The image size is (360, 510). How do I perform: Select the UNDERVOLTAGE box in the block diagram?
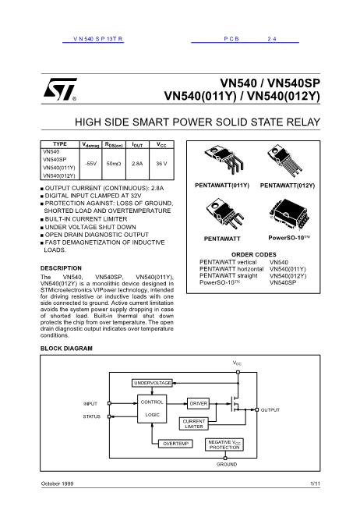[152, 384]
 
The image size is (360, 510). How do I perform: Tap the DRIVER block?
[198, 403]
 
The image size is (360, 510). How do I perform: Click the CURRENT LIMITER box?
[194, 423]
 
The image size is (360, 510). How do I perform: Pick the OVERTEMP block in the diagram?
[175, 443]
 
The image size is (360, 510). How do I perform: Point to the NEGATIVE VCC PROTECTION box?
[224, 444]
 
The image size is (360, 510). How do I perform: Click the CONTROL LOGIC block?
[152, 408]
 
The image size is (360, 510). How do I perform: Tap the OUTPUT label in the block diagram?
[270, 409]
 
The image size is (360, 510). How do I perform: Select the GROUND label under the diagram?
[226, 464]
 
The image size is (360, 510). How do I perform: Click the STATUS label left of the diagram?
[92, 416]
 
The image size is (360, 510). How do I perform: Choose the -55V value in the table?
[90, 163]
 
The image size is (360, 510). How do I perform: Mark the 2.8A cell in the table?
[136, 163]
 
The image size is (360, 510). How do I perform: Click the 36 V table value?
[161, 163]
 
